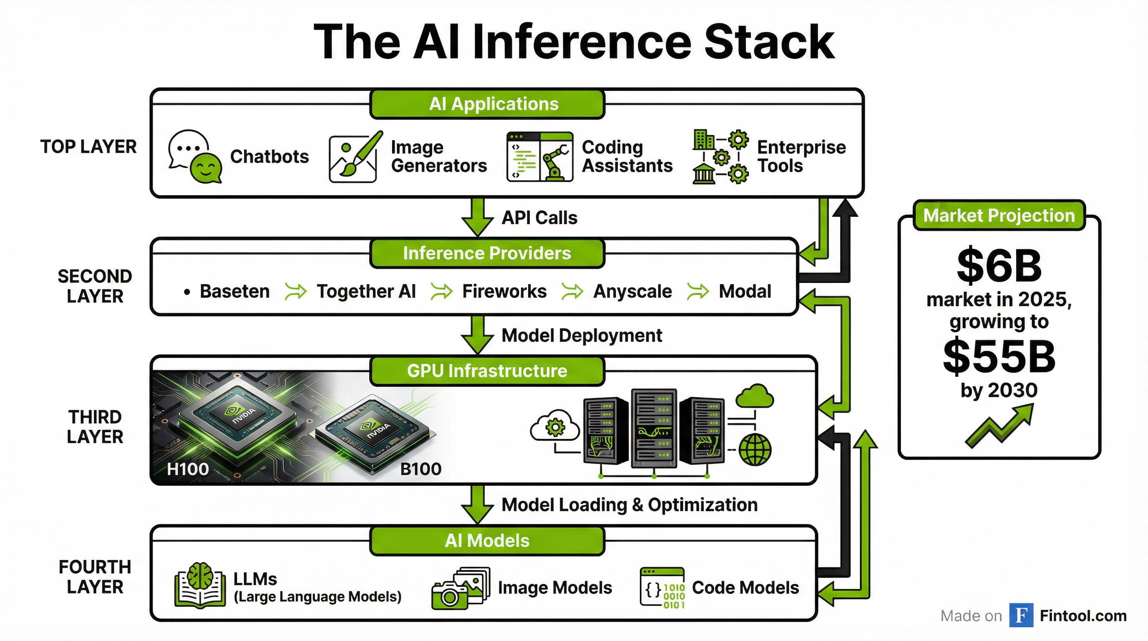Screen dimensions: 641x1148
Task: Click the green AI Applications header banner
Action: coord(487,104)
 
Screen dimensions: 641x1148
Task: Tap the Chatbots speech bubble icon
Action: coord(194,156)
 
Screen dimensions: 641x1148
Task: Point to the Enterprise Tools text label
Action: coord(801,156)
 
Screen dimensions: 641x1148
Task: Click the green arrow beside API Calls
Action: coord(477,217)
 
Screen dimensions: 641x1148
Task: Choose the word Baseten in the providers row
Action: coord(234,292)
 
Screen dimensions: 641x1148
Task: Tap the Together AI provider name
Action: coord(366,292)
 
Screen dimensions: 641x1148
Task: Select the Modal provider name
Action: coord(745,292)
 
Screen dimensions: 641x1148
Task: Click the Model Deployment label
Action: coord(582,336)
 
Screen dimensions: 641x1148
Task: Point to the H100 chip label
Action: coord(188,469)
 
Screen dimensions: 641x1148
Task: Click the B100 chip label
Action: coord(420,469)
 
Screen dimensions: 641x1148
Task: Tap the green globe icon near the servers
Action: coord(755,450)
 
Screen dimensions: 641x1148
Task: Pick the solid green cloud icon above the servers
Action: coord(755,396)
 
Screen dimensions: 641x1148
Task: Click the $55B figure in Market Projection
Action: coord(999,357)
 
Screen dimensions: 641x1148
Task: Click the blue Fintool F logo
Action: coord(1021,616)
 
